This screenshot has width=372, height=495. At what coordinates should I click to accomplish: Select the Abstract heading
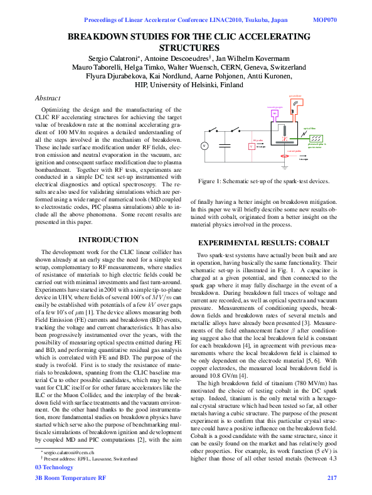coord(48,98)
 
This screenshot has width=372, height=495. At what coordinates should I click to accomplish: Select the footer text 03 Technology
coord(55,467)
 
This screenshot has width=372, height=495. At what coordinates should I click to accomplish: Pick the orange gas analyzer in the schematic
coord(295,107)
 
